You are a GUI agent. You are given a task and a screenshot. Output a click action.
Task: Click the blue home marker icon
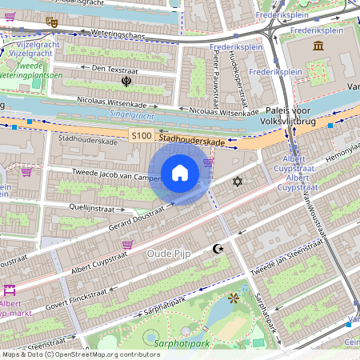180,173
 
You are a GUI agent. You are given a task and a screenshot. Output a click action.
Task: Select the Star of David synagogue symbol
236,182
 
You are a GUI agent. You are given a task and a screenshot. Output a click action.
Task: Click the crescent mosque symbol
216,250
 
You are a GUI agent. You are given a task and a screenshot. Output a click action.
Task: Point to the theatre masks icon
52,22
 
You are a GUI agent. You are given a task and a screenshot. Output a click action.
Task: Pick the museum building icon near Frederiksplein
318,46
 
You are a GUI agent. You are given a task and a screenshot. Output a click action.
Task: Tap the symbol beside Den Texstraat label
126,81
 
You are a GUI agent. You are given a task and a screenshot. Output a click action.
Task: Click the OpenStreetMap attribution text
81,354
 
